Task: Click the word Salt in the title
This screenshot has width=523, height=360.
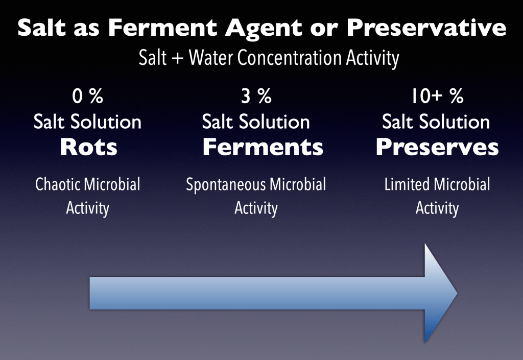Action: pos(42,27)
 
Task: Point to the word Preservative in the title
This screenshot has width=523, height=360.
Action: pos(426,27)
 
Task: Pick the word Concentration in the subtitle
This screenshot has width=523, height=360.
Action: pos(290,58)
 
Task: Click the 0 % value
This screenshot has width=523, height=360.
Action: pos(87,96)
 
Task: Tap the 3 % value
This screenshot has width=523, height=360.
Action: pos(256,96)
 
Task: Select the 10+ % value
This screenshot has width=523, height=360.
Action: pos(437,96)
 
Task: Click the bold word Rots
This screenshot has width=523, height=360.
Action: pos(89,147)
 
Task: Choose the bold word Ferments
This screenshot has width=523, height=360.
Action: pos(263,147)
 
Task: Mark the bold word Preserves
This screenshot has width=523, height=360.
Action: pos(437,147)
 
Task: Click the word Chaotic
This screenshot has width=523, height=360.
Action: pos(58,184)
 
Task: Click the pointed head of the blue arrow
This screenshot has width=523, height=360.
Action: pos(457,293)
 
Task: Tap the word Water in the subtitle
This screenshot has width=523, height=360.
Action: pos(210,58)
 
